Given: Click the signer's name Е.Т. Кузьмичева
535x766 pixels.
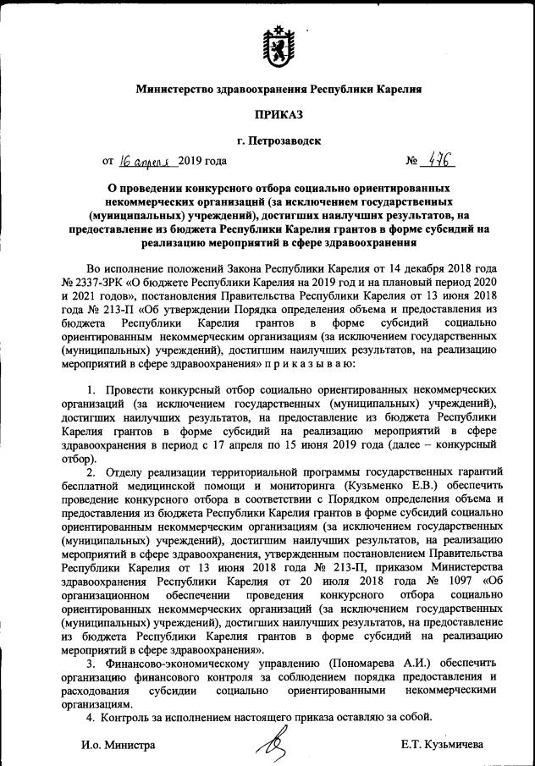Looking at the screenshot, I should [443, 746].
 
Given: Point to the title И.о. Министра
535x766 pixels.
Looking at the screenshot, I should [119, 746].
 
